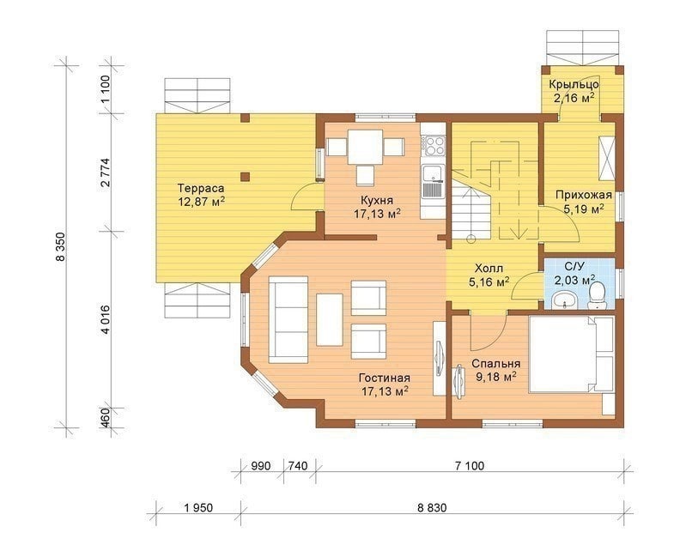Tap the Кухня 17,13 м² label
pos(377,207)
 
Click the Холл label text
pos(489,268)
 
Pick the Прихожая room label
pos(584,195)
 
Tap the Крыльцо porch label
pos(574,84)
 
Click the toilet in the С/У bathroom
pos(597,296)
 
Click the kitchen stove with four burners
pos(433,146)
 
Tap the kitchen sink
pos(433,180)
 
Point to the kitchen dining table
pos(365,147)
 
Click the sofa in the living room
pos(288,319)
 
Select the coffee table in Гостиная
pos(330,319)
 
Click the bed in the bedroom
pos(572,354)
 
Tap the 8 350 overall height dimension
pos(60,246)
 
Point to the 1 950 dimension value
pos(198,508)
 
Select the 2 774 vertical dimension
pos(106,173)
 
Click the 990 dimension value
pos(262,466)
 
